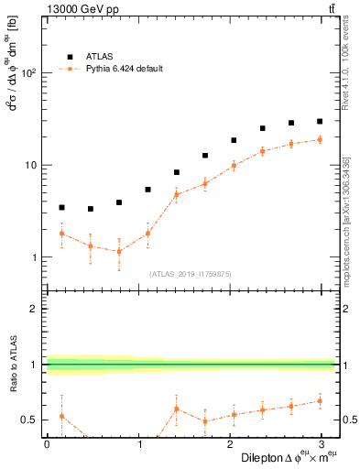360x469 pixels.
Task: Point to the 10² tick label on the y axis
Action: pos(29,73)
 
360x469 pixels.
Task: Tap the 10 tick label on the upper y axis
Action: pos(32,166)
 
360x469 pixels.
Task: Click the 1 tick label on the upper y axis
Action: pos(35,257)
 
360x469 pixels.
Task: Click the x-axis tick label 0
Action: pos(47,444)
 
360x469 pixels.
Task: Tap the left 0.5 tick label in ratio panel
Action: pos(29,420)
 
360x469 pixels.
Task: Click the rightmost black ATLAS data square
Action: pos(320,121)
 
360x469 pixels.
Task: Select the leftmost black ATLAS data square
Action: pos(61,208)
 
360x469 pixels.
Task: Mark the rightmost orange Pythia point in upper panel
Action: pos(320,139)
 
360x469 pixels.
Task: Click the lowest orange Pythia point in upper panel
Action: pos(119,251)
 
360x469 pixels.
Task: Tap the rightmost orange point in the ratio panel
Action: pos(320,400)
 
